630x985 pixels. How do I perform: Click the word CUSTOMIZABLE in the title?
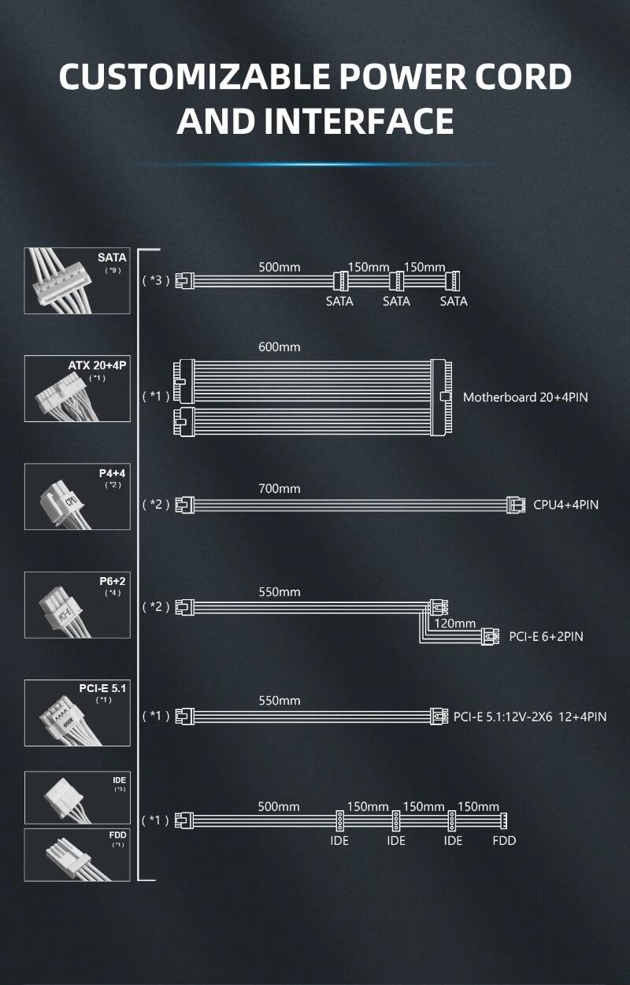pos(198,76)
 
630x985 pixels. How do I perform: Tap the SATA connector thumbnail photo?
pos(77,281)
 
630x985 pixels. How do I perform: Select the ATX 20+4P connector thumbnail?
pos(77,389)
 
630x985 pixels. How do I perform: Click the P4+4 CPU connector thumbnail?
pos(77,496)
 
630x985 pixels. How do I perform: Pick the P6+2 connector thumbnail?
pos(77,604)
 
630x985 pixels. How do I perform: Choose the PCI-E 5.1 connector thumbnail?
pos(77,713)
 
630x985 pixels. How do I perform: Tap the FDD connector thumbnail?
pos(77,854)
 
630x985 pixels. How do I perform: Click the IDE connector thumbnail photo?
pos(77,798)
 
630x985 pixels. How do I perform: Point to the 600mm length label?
pos(279,346)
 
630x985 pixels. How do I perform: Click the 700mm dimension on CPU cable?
pos(279,489)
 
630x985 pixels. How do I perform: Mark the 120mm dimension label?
pos(455,624)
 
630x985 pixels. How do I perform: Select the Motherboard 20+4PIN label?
pos(525,397)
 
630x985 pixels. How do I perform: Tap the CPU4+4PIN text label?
pos(565,504)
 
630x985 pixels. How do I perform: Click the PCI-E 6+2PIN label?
pos(546,636)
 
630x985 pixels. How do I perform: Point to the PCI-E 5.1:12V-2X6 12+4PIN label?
pos(530,717)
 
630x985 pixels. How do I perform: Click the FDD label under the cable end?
pos(504,841)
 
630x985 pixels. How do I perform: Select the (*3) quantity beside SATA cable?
pos(155,280)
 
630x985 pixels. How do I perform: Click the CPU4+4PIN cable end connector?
pos(516,504)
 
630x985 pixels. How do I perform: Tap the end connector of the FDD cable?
pos(504,820)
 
